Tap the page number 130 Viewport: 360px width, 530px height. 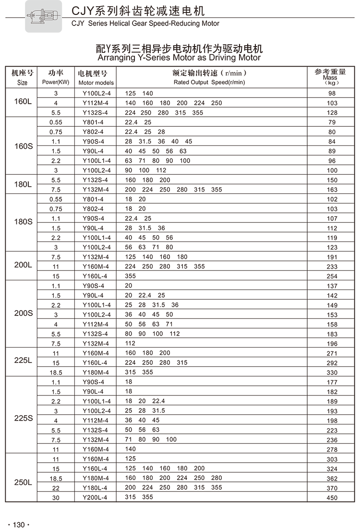(19, 524)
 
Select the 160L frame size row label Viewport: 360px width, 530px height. (23, 103)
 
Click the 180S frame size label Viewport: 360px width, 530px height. (23, 222)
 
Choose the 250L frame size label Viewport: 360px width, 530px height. (23, 482)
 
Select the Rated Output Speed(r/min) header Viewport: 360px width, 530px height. (209, 82)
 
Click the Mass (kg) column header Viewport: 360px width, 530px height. (330, 77)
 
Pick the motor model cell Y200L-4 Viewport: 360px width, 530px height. (95, 497)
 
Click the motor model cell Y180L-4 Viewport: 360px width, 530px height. (96, 488)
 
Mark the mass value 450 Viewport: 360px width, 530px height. (332, 498)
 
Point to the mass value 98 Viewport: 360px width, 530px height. (332, 94)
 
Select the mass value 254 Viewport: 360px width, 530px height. (332, 277)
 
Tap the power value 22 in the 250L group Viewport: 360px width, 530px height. (56, 488)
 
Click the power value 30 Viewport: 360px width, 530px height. (56, 498)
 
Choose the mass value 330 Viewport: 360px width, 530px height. (332, 373)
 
